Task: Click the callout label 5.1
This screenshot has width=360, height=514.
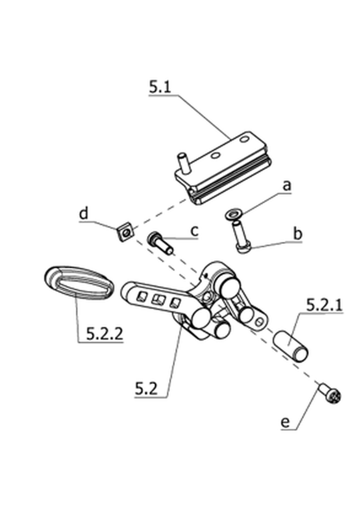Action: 160,87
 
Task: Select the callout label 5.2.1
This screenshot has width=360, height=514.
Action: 324,305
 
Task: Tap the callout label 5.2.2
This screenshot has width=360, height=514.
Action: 105,334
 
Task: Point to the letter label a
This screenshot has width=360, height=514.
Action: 287,186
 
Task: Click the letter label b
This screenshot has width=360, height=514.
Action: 297,234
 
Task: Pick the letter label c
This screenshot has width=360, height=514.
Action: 195,231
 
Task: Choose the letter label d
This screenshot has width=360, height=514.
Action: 84,213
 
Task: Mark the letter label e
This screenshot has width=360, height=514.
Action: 285,422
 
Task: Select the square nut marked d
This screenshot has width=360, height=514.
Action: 125,232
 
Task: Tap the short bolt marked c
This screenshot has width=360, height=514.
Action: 160,243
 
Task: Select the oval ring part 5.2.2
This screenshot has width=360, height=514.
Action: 79,282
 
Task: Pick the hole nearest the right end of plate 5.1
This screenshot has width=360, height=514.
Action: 243,140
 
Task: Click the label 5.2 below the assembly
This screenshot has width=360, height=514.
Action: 146,389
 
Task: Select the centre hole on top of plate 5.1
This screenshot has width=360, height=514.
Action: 215,156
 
